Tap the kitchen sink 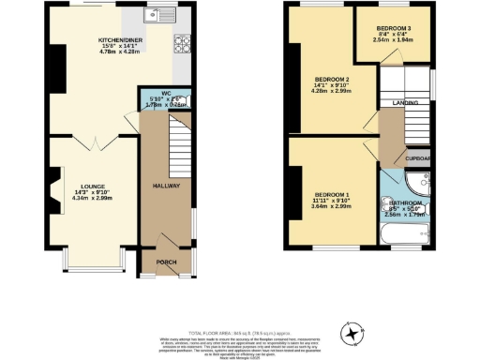coord(157,17)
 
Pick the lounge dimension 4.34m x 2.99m coord(78,199)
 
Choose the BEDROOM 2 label coord(332,78)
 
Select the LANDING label coord(405,104)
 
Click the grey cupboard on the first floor coord(419,157)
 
